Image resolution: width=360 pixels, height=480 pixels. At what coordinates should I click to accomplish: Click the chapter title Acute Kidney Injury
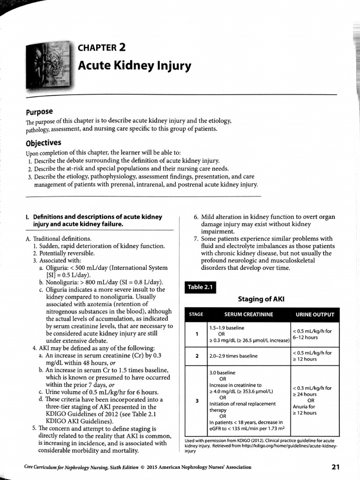(x=135, y=66)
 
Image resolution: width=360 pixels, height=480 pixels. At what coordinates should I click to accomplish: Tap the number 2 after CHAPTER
(x=122, y=47)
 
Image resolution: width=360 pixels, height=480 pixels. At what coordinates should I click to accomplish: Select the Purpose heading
(x=39, y=112)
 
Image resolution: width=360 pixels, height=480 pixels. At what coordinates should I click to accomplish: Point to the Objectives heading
(x=43, y=143)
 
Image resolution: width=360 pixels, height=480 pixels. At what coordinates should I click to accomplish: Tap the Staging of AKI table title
(x=261, y=299)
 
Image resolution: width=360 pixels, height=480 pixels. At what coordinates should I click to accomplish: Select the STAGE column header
(x=196, y=315)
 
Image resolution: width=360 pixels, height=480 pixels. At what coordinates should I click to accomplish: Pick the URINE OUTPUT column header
(x=315, y=315)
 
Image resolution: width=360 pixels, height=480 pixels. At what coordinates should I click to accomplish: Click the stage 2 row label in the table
(x=197, y=356)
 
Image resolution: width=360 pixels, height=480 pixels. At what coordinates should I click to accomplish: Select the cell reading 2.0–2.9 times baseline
(x=233, y=356)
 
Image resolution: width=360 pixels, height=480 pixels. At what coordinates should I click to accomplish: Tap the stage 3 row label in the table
(x=197, y=401)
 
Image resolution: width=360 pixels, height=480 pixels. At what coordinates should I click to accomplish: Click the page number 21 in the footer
(x=335, y=466)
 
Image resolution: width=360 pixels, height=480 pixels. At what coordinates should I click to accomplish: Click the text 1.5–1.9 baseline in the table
(x=227, y=328)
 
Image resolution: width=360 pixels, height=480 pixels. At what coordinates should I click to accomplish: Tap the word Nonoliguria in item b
(x=62, y=282)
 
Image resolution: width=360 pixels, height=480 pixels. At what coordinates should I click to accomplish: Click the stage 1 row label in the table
(x=197, y=334)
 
